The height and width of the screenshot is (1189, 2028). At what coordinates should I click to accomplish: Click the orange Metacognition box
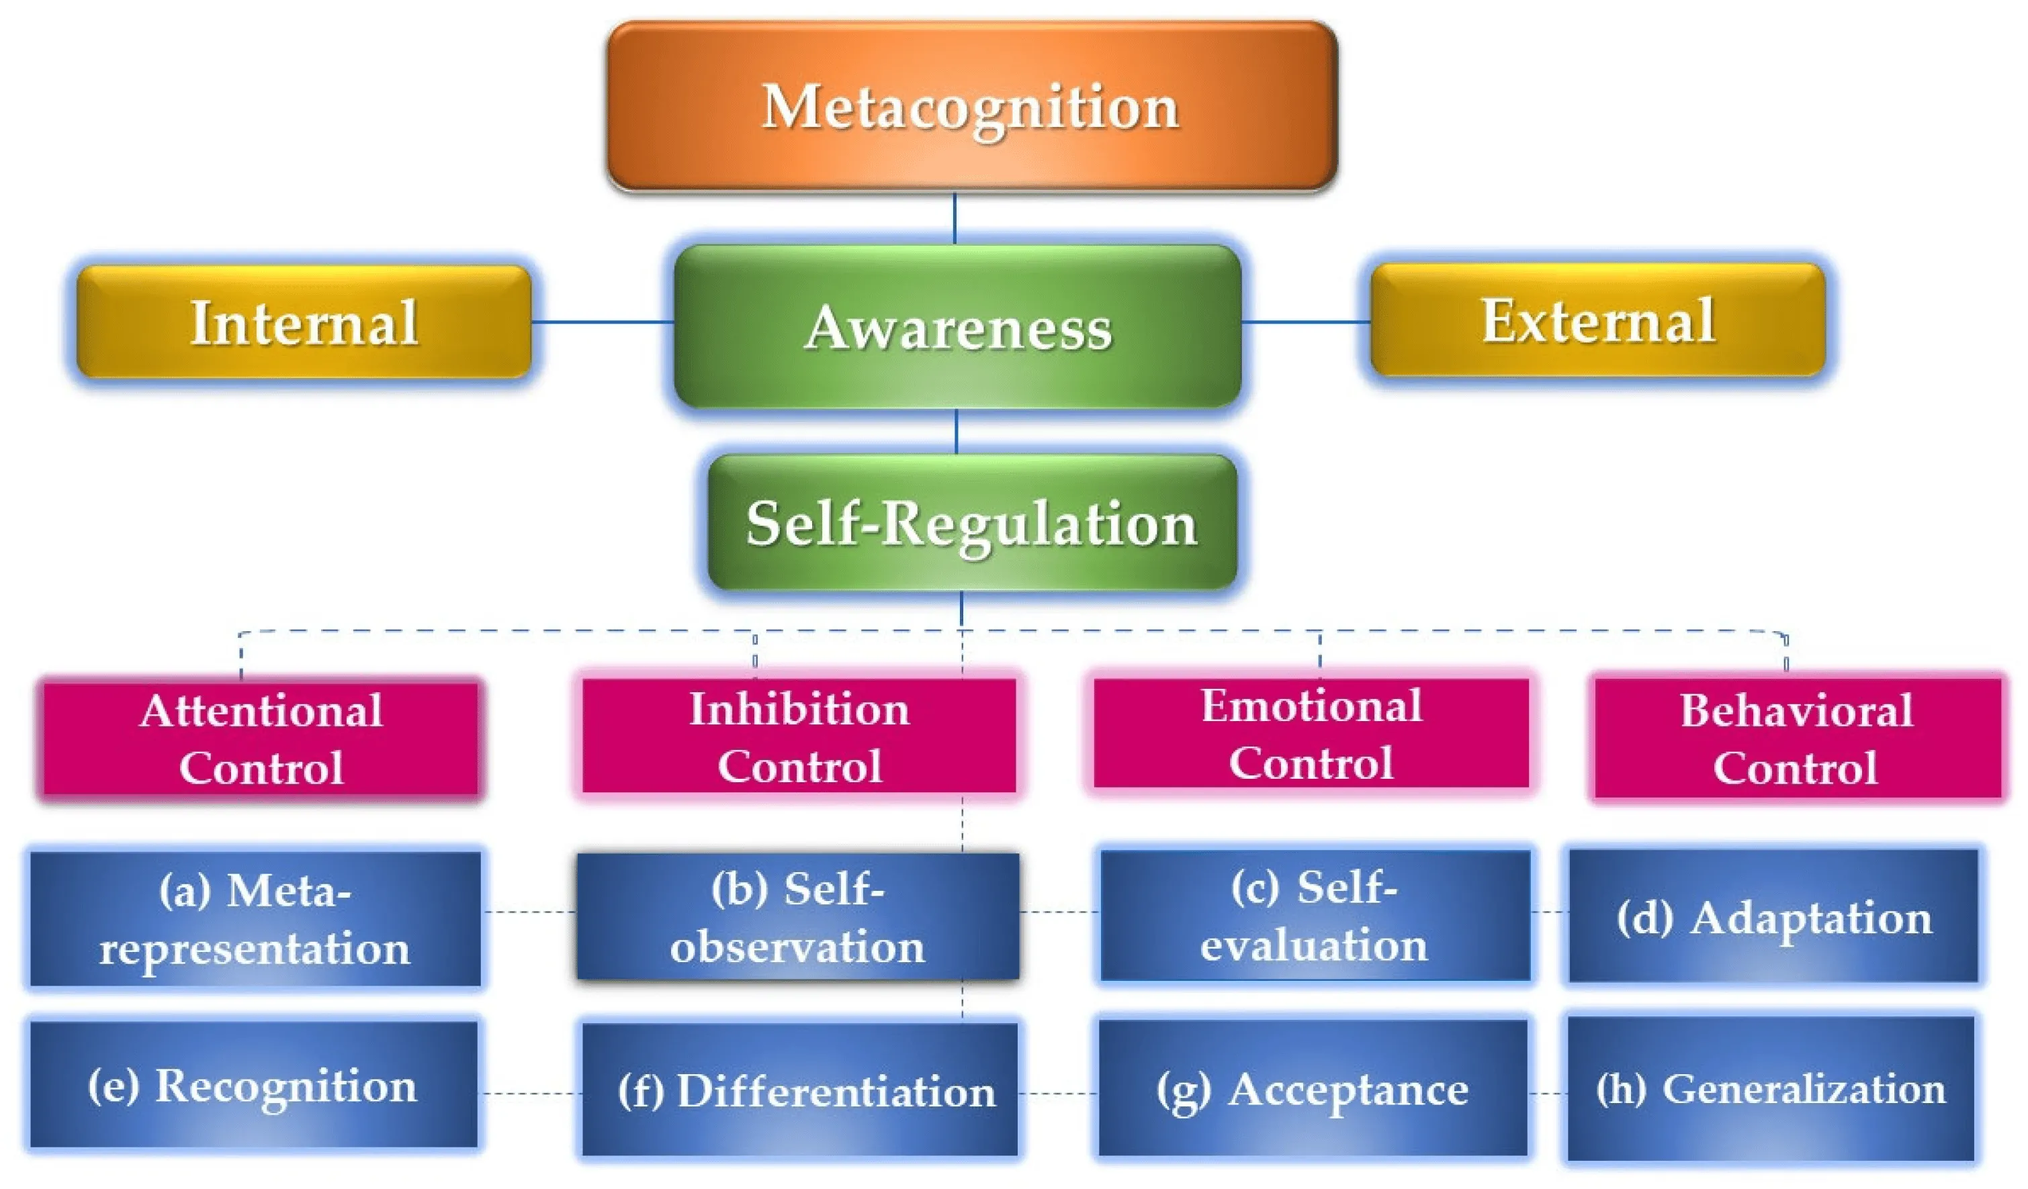tap(972, 106)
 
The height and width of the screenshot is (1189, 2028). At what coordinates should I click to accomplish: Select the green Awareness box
tap(958, 326)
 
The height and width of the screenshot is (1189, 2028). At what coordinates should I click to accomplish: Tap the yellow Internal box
tap(304, 322)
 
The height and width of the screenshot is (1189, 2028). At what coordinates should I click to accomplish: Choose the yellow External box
tap(1597, 320)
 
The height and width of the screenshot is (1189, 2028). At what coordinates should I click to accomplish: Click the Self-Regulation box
tap(972, 523)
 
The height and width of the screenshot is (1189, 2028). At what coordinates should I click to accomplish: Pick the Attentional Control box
tap(261, 739)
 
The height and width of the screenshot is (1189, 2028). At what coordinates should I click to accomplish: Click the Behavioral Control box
tap(1796, 739)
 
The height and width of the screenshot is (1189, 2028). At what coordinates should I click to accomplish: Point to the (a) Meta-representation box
tap(256, 918)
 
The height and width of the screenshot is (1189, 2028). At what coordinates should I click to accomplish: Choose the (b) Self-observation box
tap(797, 917)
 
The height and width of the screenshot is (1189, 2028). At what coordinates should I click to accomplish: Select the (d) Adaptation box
tap(1773, 916)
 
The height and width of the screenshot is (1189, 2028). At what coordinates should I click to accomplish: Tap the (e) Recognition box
tap(253, 1084)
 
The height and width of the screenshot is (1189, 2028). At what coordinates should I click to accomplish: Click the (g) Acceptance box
tap(1312, 1088)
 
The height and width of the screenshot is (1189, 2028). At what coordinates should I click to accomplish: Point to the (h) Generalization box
tap(1771, 1088)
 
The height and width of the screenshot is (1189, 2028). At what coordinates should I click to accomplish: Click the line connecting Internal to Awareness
tap(602, 322)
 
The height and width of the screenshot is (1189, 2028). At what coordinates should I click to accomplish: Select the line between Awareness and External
tap(1305, 322)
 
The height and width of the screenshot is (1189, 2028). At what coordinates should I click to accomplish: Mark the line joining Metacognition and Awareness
tap(955, 218)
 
